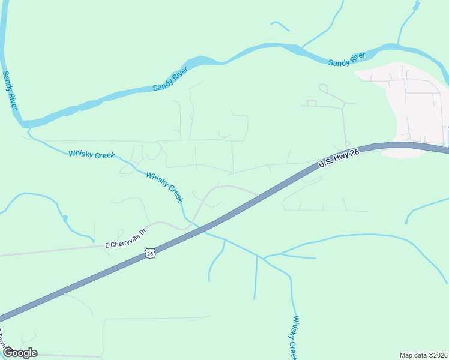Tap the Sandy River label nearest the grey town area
click(x=347, y=59)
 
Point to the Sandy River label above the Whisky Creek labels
click(x=170, y=79)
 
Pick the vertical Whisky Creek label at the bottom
click(x=294, y=337)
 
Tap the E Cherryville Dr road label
click(x=125, y=238)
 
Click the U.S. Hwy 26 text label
click(x=339, y=158)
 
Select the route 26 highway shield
click(x=151, y=254)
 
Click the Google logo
click(x=20, y=353)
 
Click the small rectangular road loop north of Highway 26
click(x=312, y=103)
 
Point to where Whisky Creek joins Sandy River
click(x=27, y=127)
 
